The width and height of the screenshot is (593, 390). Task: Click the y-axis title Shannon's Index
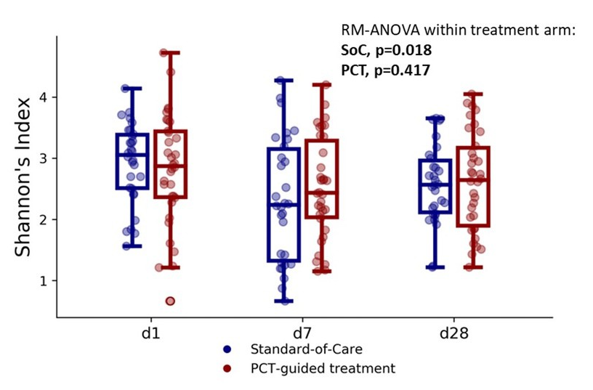(x=24, y=189)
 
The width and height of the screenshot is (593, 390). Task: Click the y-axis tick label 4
(x=44, y=97)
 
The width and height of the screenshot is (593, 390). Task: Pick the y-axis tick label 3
(x=44, y=158)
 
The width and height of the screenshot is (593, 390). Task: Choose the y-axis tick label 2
(x=44, y=219)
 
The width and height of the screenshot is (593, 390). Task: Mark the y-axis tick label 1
(x=44, y=281)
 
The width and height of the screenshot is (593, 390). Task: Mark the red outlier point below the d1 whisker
(x=170, y=301)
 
